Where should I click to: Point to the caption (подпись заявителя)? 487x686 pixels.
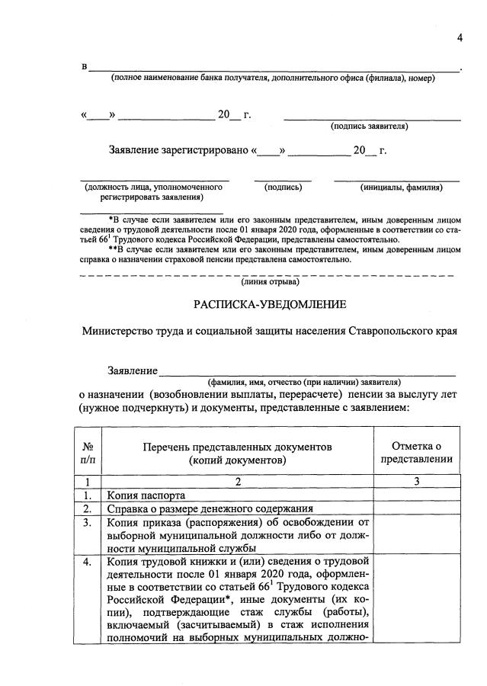[x=369, y=127]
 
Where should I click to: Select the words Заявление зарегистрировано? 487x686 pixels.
[x=178, y=150]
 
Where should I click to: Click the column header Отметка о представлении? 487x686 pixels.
[x=417, y=453]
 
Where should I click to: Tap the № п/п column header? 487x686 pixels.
[x=88, y=453]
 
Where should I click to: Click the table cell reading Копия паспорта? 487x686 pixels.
[x=146, y=495]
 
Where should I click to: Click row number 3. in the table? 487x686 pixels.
[x=88, y=523]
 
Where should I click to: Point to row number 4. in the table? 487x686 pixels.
[x=88, y=563]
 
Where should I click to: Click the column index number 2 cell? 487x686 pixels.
[x=238, y=481]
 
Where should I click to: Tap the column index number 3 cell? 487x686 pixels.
[x=417, y=481]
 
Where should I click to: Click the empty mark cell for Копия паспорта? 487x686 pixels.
[x=417, y=495]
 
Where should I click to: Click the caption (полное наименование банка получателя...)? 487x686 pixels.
[x=272, y=79]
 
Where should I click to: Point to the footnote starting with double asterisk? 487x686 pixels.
[x=270, y=254]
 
